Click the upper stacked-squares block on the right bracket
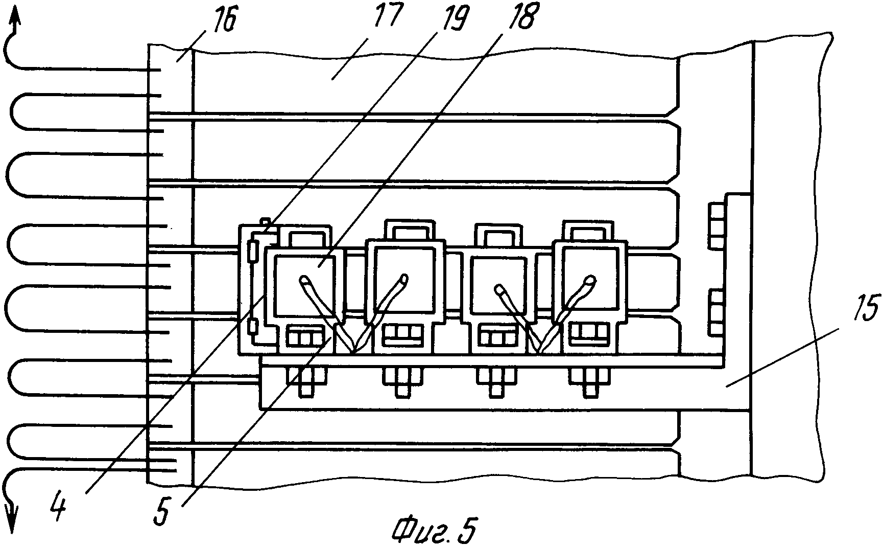(x=717, y=225)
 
